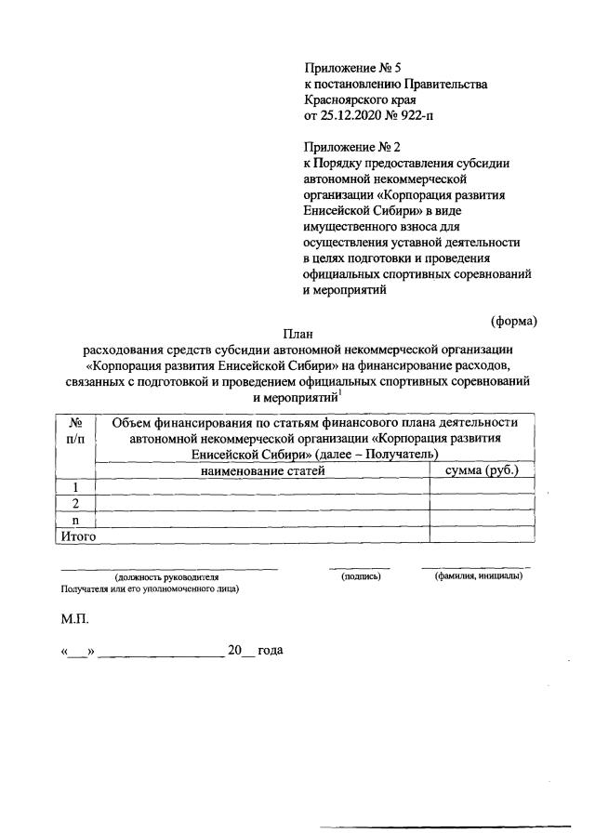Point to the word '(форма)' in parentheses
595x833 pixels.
(514, 322)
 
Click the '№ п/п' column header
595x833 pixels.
(75, 430)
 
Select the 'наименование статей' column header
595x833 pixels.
(260, 471)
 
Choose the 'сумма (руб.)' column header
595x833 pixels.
(482, 471)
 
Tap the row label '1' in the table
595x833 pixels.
(75, 488)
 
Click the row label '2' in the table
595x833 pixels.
(75, 504)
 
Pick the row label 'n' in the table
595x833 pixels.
(75, 520)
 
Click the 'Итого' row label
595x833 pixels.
(78, 535)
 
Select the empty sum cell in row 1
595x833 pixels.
(482, 488)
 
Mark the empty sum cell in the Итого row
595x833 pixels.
(482, 535)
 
